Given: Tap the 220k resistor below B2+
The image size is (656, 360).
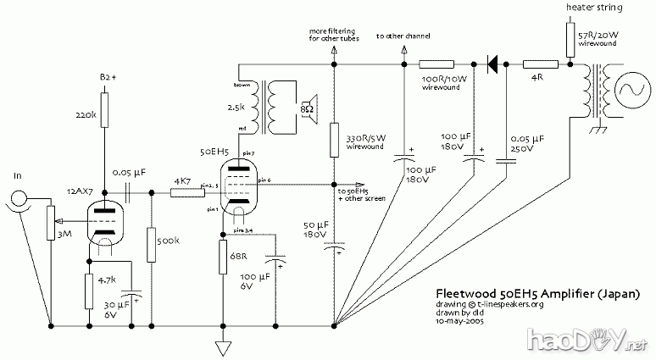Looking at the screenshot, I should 103,114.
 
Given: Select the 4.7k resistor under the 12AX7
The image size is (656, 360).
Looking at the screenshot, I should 89,291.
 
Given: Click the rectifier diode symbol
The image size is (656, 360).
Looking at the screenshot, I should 492,63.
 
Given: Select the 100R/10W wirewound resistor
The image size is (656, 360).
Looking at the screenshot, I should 440,63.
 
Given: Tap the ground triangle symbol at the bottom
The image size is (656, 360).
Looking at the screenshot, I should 222,347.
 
